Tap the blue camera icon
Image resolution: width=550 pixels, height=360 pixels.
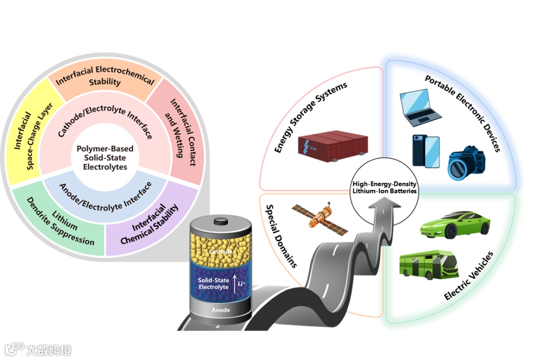466,162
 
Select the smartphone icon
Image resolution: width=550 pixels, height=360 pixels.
426,151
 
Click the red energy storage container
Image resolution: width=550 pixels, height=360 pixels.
329,146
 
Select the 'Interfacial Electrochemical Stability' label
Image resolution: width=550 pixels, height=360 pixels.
105,76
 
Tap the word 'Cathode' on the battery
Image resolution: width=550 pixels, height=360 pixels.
221,252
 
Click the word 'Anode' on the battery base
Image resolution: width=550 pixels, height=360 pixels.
221,310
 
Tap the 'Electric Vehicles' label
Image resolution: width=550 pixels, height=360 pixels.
469,275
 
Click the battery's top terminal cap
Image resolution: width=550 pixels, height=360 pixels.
221,221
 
